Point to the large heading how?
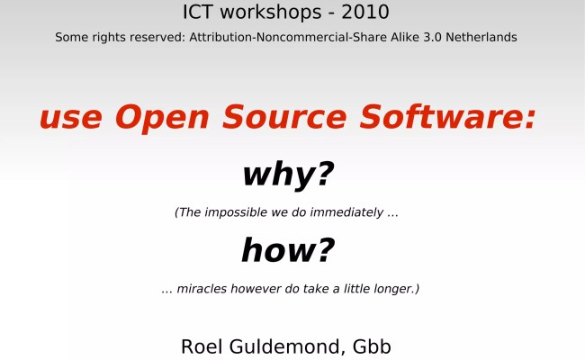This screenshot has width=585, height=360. pos(288,250)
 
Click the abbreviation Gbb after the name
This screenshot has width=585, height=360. pos(373,346)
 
